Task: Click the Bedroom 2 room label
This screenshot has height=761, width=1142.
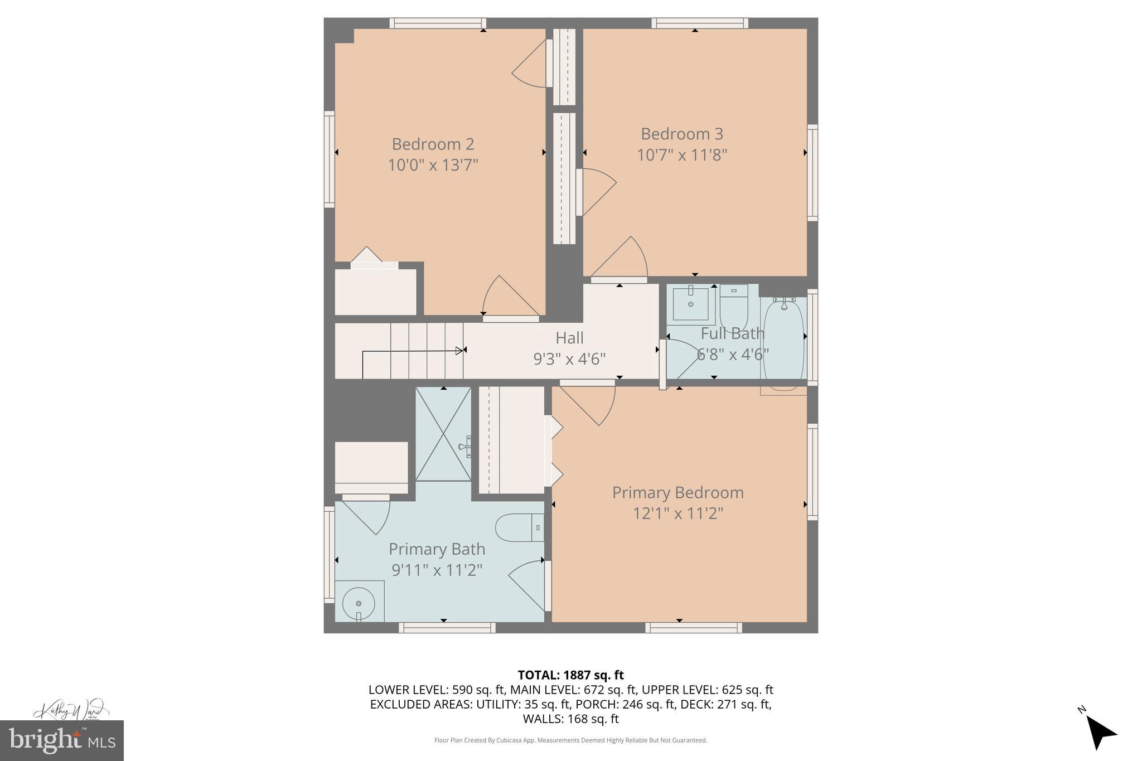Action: [x=433, y=144]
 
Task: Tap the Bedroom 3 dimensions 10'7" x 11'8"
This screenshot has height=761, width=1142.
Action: [x=681, y=154]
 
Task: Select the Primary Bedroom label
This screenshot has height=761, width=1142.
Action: [x=678, y=492]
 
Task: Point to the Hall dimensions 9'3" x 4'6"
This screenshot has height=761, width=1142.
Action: [x=569, y=358]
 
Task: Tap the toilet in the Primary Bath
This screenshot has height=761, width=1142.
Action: [x=519, y=527]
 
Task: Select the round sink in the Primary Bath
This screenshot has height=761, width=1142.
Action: [x=359, y=603]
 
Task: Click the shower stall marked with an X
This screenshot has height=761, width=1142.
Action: [x=443, y=434]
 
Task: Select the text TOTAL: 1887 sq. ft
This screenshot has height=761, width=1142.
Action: [x=570, y=675]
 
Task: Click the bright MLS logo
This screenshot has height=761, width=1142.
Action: [x=62, y=740]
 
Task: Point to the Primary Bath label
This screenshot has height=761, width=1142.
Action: [x=437, y=549]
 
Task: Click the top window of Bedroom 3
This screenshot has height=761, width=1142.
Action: [x=700, y=23]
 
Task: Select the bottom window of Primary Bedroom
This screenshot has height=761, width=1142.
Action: [x=693, y=628]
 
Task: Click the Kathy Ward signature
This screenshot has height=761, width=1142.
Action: [x=70, y=710]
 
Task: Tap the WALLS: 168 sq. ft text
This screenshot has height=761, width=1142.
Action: [x=570, y=719]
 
